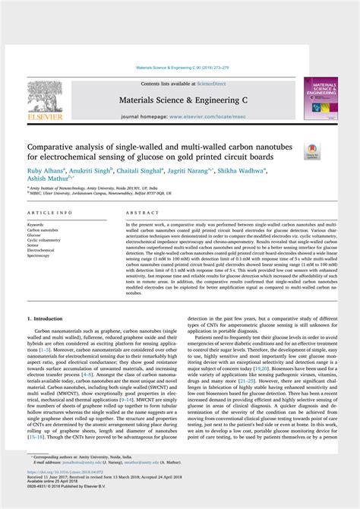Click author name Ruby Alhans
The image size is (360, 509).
[x=45, y=172]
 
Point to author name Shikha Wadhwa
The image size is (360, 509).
[x=264, y=172]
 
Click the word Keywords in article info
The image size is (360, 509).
[x=36, y=226]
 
